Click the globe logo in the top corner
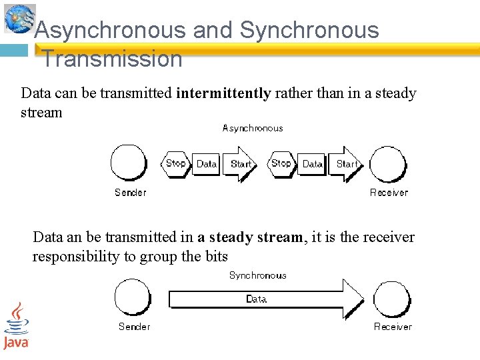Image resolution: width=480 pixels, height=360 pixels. pyautogui.click(x=19, y=17)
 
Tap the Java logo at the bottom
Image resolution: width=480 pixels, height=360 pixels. pyautogui.click(x=16, y=325)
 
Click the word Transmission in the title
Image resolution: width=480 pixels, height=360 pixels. pyautogui.click(x=112, y=59)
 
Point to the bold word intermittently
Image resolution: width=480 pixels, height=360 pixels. pyautogui.click(x=223, y=93)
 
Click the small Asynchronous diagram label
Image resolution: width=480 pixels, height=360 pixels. pyautogui.click(x=253, y=128)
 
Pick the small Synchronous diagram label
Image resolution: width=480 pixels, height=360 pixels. pyautogui.click(x=257, y=275)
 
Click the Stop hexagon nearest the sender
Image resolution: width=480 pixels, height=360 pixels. pyautogui.click(x=175, y=163)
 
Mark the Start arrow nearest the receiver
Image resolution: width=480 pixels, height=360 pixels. pyautogui.click(x=347, y=164)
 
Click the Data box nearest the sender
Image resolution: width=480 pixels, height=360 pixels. pyautogui.click(x=207, y=164)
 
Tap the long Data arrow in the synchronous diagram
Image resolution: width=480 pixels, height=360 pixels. pyautogui.click(x=265, y=299)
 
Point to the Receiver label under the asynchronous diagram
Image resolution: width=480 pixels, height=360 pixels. pyautogui.click(x=389, y=193)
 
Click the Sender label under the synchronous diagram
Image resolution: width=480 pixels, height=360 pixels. pyautogui.click(x=134, y=327)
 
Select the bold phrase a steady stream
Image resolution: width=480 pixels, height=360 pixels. pyautogui.click(x=249, y=237)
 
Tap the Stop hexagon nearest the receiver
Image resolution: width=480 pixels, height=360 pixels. pyautogui.click(x=281, y=163)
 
